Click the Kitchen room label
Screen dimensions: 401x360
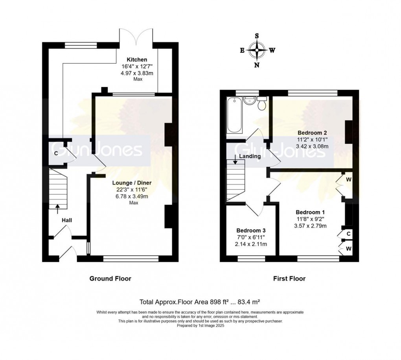137,60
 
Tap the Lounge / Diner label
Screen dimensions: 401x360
132,183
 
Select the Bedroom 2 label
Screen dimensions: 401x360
312,133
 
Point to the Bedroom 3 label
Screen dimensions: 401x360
251,230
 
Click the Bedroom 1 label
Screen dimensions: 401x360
310,212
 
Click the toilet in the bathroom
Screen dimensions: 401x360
262,103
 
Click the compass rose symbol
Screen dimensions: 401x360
257,50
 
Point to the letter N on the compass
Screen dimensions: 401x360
257,65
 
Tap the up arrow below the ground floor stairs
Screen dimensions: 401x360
57,209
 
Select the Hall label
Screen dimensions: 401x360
67,220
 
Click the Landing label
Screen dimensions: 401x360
250,156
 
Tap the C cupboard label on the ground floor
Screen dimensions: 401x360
56,153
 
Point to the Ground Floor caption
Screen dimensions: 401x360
110,279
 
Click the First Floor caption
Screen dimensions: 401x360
289,279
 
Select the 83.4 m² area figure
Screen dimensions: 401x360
249,302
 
